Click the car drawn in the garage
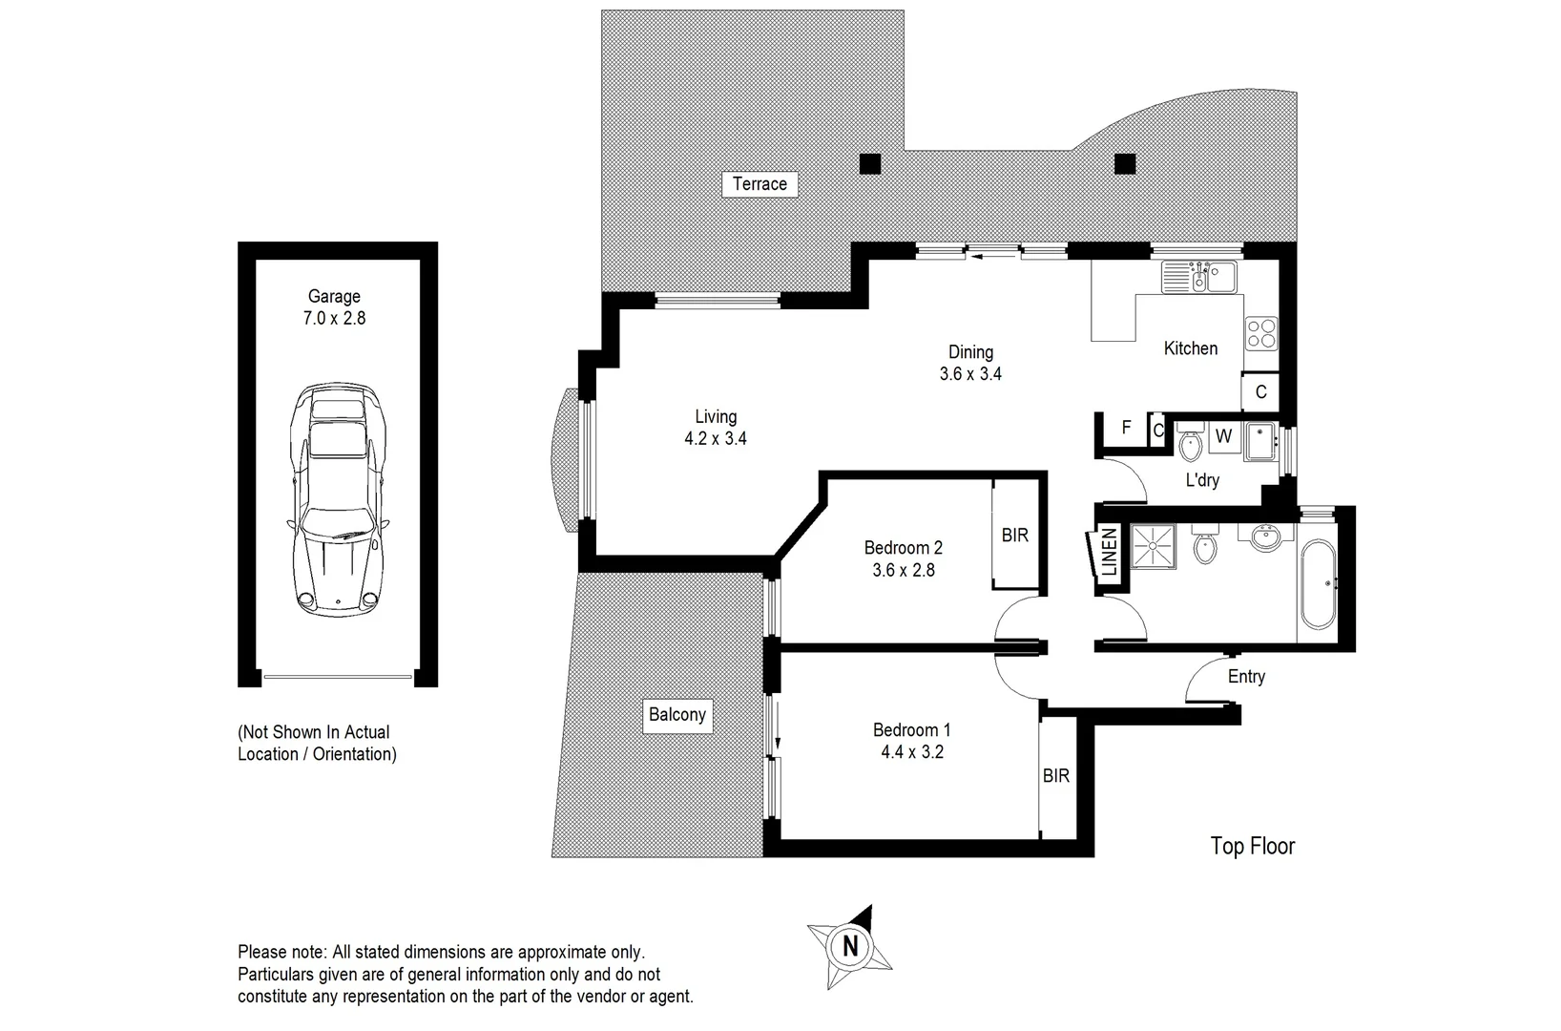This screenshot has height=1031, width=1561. (x=337, y=499)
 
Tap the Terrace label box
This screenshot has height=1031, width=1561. (x=760, y=184)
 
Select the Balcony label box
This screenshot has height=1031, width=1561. (x=677, y=715)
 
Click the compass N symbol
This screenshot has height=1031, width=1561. (x=850, y=947)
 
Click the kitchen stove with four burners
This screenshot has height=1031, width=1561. (x=1261, y=332)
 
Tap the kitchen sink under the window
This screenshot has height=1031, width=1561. (x=1198, y=277)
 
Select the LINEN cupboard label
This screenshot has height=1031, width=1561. (x=1109, y=552)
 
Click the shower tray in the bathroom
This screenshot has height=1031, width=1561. (x=1153, y=546)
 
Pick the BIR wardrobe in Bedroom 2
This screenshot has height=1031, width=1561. (x=1015, y=535)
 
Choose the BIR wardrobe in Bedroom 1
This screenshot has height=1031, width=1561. (x=1056, y=776)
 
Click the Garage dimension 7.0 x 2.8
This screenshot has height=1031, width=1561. (x=335, y=319)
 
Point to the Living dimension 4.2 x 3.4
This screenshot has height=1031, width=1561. (x=716, y=439)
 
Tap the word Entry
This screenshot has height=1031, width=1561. (x=1247, y=676)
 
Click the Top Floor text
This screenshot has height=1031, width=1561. (x=1252, y=846)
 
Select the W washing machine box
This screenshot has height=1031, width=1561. (x=1224, y=437)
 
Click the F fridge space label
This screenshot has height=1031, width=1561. (x=1126, y=428)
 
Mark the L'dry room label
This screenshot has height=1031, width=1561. (x=1203, y=480)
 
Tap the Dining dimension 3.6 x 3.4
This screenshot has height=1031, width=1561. (x=970, y=374)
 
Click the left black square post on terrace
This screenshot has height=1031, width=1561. (x=869, y=164)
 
